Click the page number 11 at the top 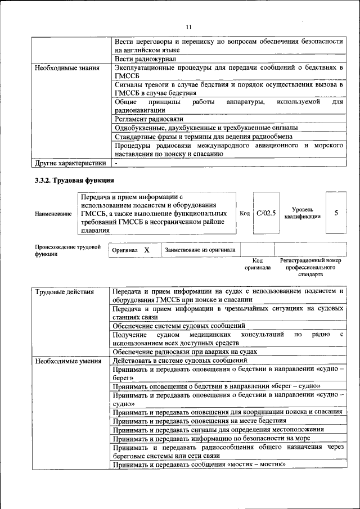[188, 27]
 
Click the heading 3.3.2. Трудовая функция [74, 181]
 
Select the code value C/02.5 [266, 213]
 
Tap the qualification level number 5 [336, 213]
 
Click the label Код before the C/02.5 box [245, 213]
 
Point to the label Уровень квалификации [303, 213]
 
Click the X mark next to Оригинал [147, 250]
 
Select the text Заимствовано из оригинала [200, 250]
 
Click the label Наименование [53, 214]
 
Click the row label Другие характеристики [70, 164]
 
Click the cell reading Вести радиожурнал [146, 59]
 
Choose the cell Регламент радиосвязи [148, 119]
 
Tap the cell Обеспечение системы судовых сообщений [179, 326]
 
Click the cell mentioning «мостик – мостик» [199, 465]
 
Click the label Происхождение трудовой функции [67, 250]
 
